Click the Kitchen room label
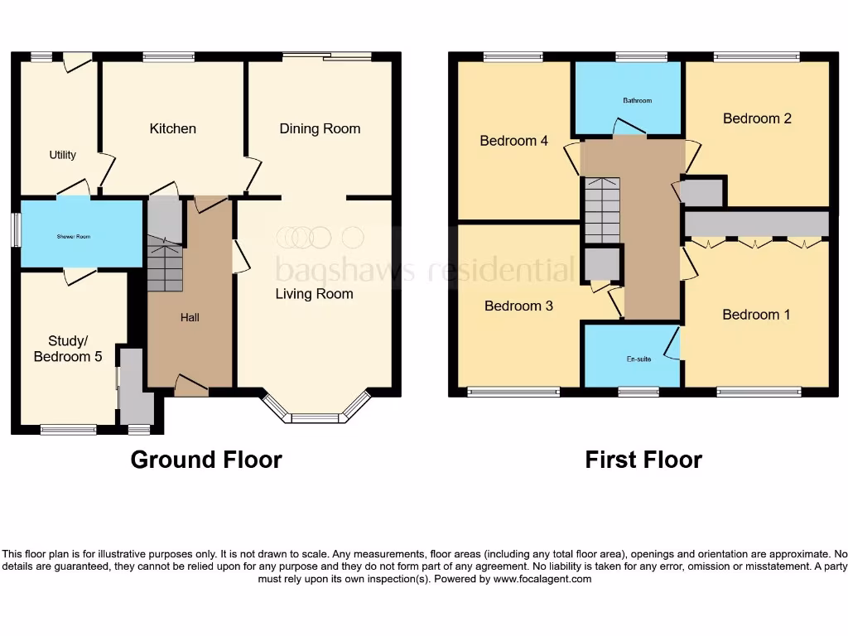pos(172,128)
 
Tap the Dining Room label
pos(320,128)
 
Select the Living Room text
pos(314,294)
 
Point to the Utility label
pos(62,155)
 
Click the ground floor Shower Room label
pos(73,237)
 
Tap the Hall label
pos(190,317)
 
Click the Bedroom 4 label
pos(513,141)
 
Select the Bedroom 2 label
pos(757,118)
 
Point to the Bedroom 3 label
pos(518,306)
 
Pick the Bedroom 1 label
pos(756,315)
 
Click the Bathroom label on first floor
pos(637,101)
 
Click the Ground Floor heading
pos(206,460)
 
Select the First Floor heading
pos(643,460)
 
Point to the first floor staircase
pos(602,210)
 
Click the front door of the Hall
pos(190,385)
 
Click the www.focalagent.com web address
pos(542,580)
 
